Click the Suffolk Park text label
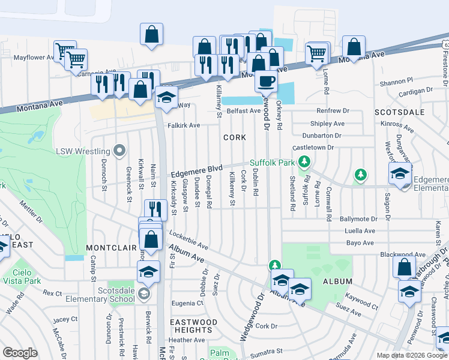pyautogui.click(x=273, y=162)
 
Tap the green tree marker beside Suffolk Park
pyautogui.click(x=304, y=161)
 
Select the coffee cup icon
pyautogui.click(x=266, y=80)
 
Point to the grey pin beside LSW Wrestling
pyautogui.click(x=120, y=151)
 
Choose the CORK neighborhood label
pyautogui.click(x=235, y=137)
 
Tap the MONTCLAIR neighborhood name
pyautogui.click(x=109, y=247)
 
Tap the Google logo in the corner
pyautogui.click(x=20, y=353)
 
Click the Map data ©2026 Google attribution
pyautogui.click(x=408, y=355)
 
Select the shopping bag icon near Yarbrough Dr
pyautogui.click(x=404, y=266)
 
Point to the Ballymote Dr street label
pyautogui.click(x=358, y=220)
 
